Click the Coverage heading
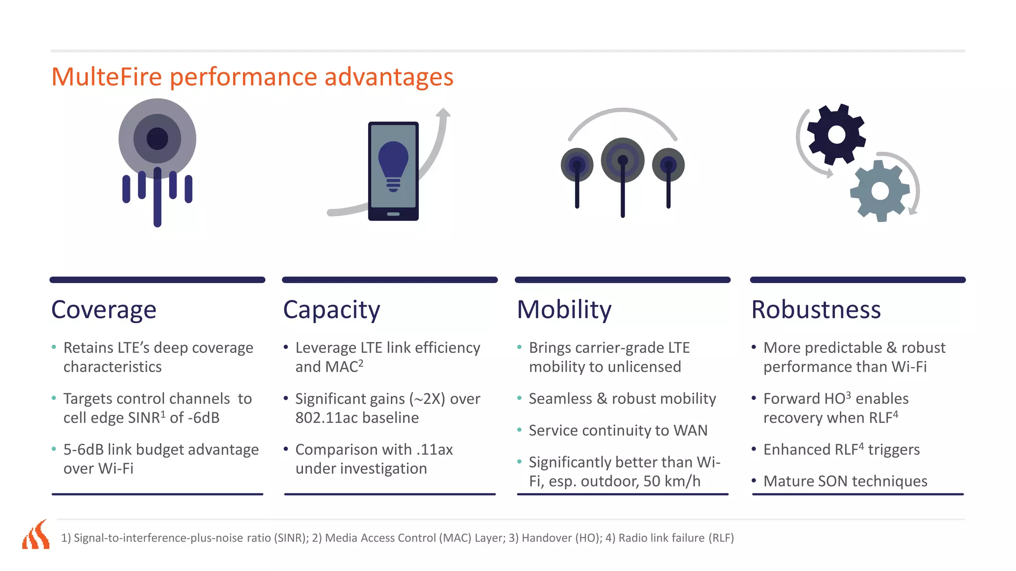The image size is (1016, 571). pos(104,310)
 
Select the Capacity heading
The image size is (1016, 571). pos(331,310)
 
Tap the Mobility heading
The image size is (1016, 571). pos(564,310)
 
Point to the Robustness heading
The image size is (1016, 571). pos(816,310)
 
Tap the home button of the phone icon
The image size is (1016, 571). pos(393,214)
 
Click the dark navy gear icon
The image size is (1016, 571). pos(836,134)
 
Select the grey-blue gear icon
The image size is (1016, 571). pos(880,191)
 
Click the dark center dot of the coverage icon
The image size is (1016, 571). pos(157,139)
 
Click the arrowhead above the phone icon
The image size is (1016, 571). pos(443,113)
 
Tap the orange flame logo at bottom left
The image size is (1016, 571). pos(36,535)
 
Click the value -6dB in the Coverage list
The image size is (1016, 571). pos(203,418)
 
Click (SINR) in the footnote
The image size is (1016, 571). pos(291,538)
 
